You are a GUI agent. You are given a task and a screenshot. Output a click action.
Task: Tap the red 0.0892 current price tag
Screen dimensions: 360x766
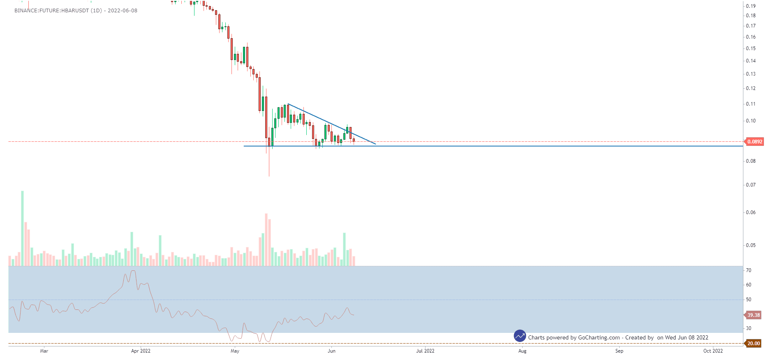tap(754, 142)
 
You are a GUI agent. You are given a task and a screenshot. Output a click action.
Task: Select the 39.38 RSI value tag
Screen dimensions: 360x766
tap(753, 315)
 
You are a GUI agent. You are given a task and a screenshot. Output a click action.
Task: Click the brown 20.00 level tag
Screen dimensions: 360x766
tap(753, 344)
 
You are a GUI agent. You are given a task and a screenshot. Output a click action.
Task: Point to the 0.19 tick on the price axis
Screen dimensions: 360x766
tap(751, 6)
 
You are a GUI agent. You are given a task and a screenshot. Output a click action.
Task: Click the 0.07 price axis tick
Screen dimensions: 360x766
tap(751, 185)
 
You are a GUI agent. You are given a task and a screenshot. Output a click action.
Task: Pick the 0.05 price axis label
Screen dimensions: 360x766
tap(751, 245)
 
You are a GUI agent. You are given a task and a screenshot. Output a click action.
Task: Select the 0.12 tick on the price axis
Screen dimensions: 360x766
tap(751, 88)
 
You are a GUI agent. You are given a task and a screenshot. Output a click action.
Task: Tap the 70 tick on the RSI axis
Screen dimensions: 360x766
tap(749, 270)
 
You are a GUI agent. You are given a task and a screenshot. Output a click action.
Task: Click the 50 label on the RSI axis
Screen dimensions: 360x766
tap(749, 300)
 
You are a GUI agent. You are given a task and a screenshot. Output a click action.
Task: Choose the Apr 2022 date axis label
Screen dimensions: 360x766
tap(141, 351)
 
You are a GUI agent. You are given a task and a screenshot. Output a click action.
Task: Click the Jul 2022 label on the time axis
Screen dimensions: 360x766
tap(425, 351)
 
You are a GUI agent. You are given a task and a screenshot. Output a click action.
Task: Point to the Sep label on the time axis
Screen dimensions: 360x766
tap(619, 351)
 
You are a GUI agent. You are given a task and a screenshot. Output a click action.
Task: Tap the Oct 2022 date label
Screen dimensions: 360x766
tap(713, 351)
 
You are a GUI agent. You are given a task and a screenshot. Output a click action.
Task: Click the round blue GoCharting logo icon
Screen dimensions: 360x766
tap(520, 336)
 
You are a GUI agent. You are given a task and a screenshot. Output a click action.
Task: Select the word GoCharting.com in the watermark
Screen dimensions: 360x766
tap(599, 338)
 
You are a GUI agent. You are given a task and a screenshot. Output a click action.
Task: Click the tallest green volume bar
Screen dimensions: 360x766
tap(22, 228)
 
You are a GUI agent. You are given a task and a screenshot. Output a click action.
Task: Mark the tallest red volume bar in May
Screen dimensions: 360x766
tap(266, 240)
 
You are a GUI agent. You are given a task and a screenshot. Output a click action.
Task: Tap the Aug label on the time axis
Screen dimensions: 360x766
tap(522, 351)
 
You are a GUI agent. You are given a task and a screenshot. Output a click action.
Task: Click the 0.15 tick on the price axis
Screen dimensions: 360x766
tap(751, 48)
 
